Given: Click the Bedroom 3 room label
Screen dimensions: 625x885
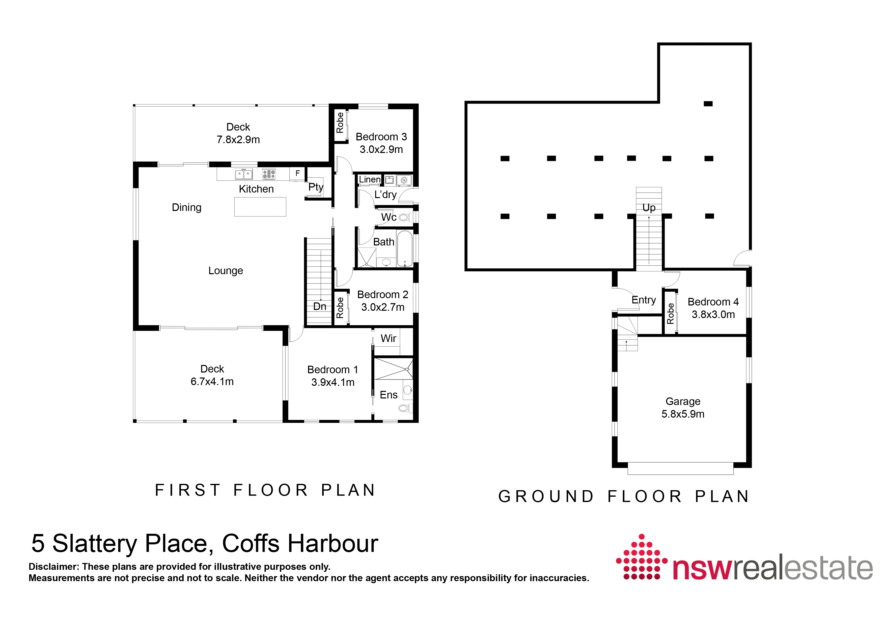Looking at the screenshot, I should coord(381,137).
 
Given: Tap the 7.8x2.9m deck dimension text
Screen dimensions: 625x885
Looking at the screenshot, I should coord(238,140).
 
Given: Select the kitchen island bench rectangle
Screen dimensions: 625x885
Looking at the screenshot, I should coord(260,207).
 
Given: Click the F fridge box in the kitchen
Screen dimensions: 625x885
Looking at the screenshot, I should coord(297,173).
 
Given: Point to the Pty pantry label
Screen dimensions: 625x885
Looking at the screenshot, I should coord(316,187).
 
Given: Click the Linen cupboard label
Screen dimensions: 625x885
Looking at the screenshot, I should coord(369,179).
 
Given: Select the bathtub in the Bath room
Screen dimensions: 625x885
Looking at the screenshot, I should coord(404,248).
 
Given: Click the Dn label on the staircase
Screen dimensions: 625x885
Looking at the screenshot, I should coord(320,306).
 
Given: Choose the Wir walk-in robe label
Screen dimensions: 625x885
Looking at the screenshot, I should coord(388,338).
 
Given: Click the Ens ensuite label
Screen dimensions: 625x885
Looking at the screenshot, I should coord(388,395).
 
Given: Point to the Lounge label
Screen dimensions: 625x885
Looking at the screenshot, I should coord(226,271).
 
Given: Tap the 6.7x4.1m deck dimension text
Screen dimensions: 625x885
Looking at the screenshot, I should coord(212,382).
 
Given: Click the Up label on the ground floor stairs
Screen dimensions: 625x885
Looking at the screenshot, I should coord(649,208).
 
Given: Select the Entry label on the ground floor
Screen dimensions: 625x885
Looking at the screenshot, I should coord(643,300).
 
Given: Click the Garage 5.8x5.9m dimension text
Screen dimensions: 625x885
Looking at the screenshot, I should coord(683,414).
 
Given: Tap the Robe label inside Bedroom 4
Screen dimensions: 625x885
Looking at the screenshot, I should coord(670,314).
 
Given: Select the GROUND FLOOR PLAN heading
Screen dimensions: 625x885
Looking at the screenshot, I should coord(623,496).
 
